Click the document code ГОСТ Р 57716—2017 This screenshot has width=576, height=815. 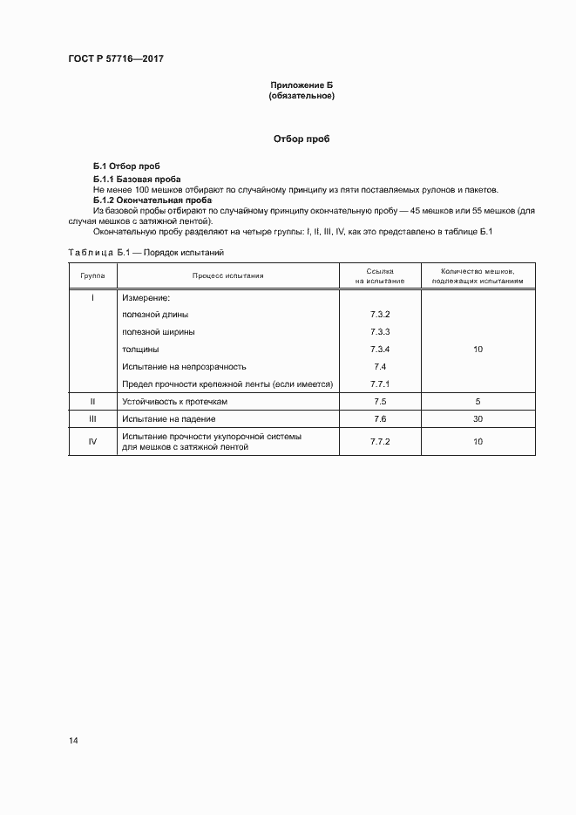(116, 58)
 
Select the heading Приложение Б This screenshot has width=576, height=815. (302, 85)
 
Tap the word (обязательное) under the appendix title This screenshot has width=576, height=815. (302, 96)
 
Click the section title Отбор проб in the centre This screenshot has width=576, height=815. (302, 139)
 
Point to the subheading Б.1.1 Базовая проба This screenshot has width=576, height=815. (137, 179)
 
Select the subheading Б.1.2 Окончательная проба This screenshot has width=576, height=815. (148, 200)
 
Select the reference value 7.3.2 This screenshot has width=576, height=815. (379, 314)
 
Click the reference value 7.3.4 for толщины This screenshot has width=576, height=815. (379, 349)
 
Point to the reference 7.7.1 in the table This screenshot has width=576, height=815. (379, 384)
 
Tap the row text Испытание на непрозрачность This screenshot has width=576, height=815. (184, 366)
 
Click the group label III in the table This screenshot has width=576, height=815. (92, 419)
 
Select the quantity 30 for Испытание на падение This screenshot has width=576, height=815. (478, 419)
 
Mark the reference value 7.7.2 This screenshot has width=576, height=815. (379, 442)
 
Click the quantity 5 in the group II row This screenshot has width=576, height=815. (478, 402)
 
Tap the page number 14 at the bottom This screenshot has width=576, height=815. (73, 741)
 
